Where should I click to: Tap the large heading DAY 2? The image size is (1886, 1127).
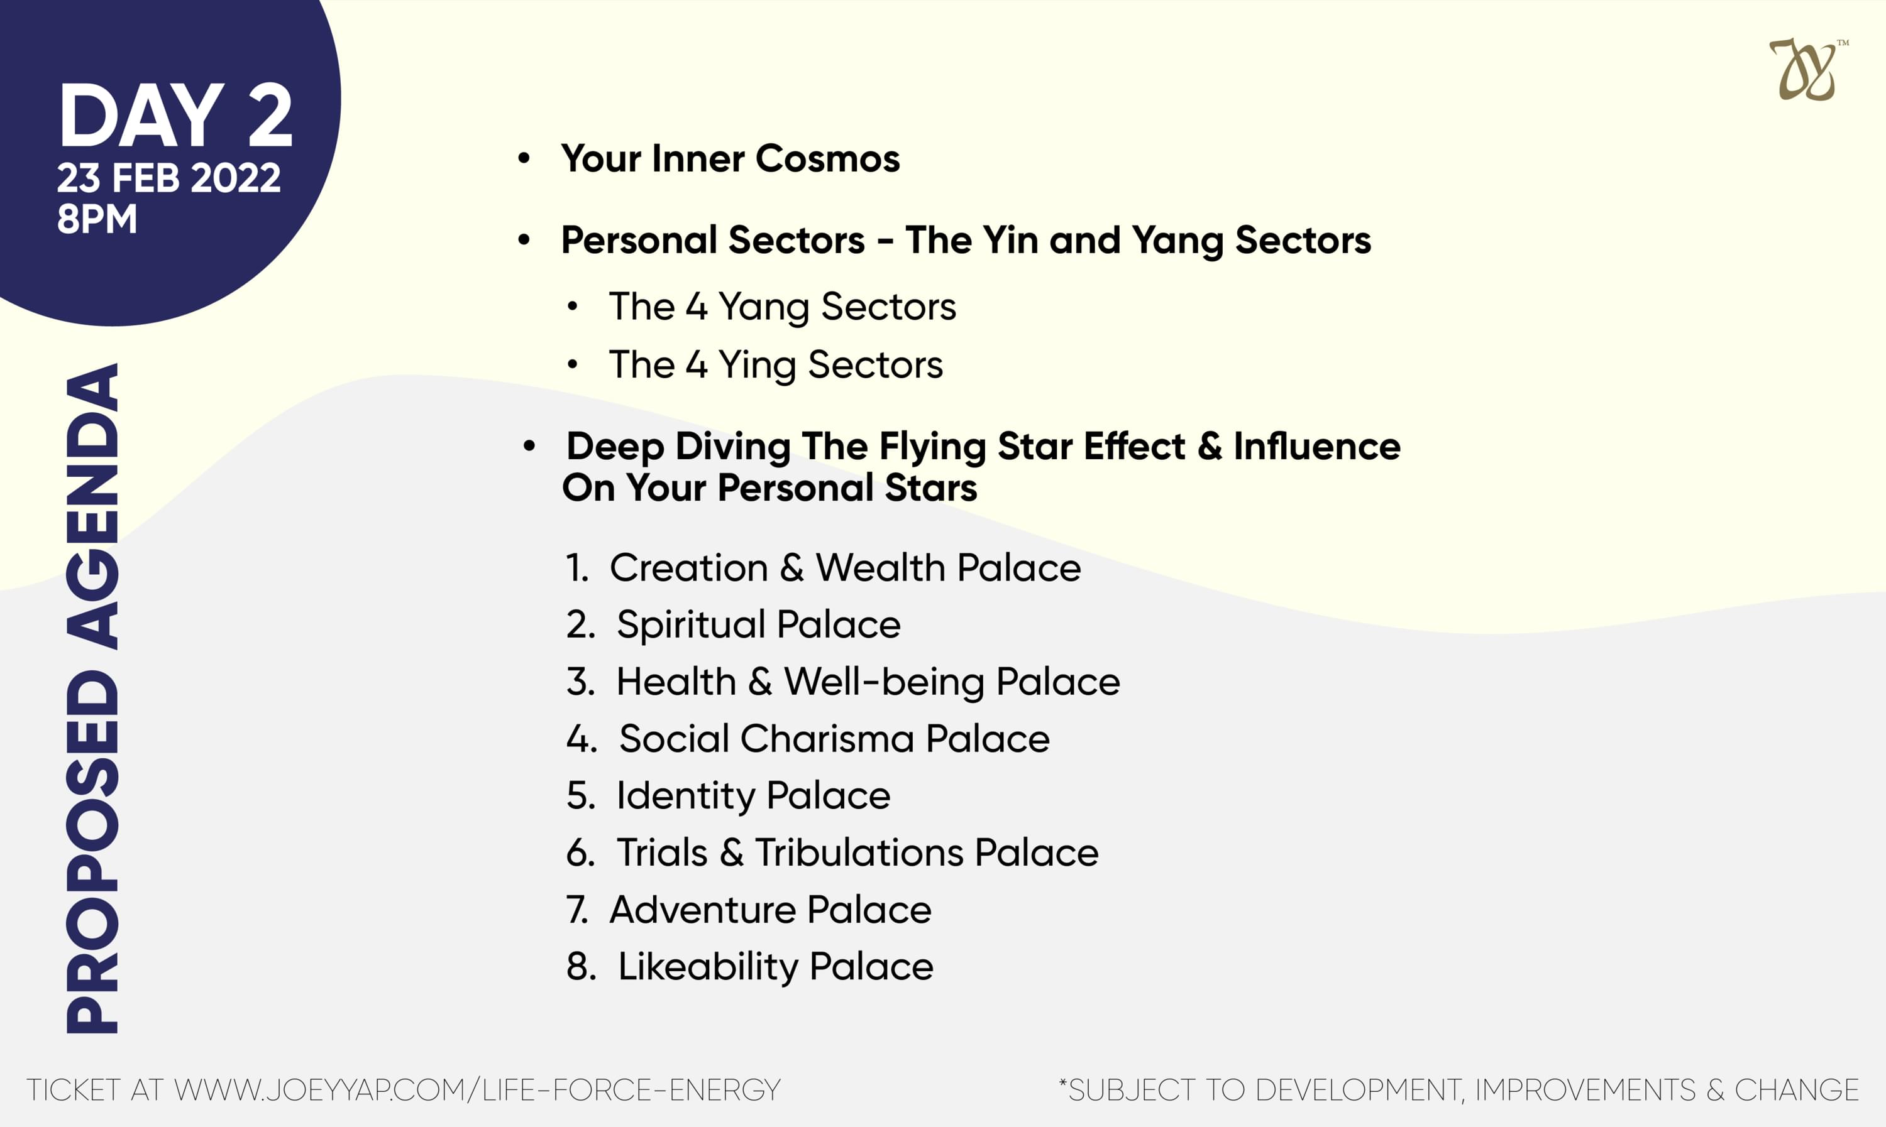175,116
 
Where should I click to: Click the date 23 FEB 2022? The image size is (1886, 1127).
168,178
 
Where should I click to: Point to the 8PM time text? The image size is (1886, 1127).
97,219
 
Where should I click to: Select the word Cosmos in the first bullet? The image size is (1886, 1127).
827,159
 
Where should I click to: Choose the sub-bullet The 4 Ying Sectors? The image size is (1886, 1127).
776,365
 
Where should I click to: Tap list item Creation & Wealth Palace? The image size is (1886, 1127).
823,568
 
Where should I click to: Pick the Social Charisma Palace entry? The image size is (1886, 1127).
808,739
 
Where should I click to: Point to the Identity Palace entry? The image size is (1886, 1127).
728,796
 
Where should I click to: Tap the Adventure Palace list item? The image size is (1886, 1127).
749,910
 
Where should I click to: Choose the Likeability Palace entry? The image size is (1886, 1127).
749,967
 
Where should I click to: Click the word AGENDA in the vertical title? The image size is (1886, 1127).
92,506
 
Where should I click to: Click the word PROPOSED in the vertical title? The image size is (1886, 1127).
92,851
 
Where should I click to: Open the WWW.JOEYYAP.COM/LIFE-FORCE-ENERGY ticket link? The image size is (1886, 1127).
477,1091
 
